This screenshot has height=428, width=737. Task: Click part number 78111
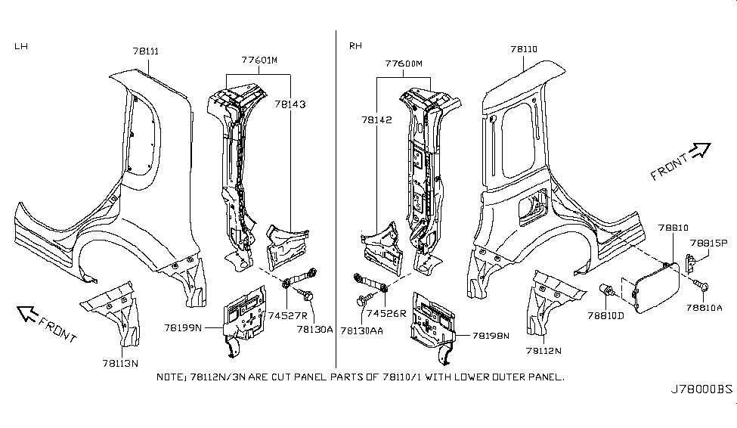(x=145, y=51)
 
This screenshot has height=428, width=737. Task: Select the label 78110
(x=524, y=49)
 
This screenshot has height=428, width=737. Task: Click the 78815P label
(x=708, y=243)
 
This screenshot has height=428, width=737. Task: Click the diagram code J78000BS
(x=702, y=390)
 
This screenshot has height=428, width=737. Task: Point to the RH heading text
(x=355, y=46)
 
